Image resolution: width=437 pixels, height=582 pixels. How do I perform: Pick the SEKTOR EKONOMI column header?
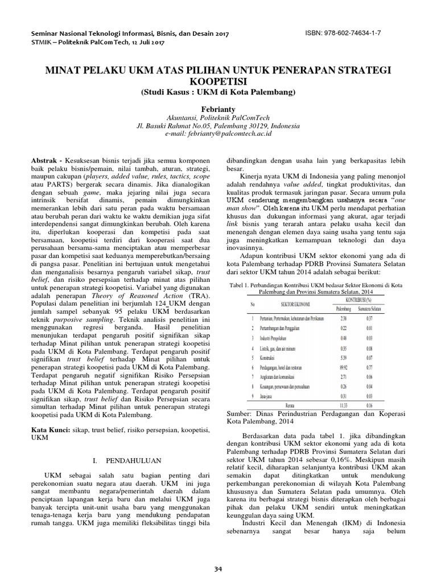[278, 304]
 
